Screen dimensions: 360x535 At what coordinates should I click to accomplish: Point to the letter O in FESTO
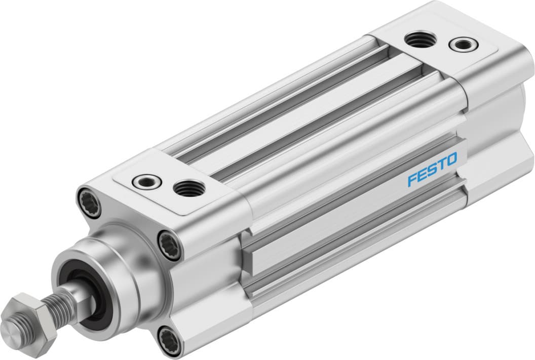click(x=451, y=161)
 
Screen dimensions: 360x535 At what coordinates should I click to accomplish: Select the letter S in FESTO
click(x=432, y=171)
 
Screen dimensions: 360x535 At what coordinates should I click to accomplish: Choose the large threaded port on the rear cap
click(x=419, y=39)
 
